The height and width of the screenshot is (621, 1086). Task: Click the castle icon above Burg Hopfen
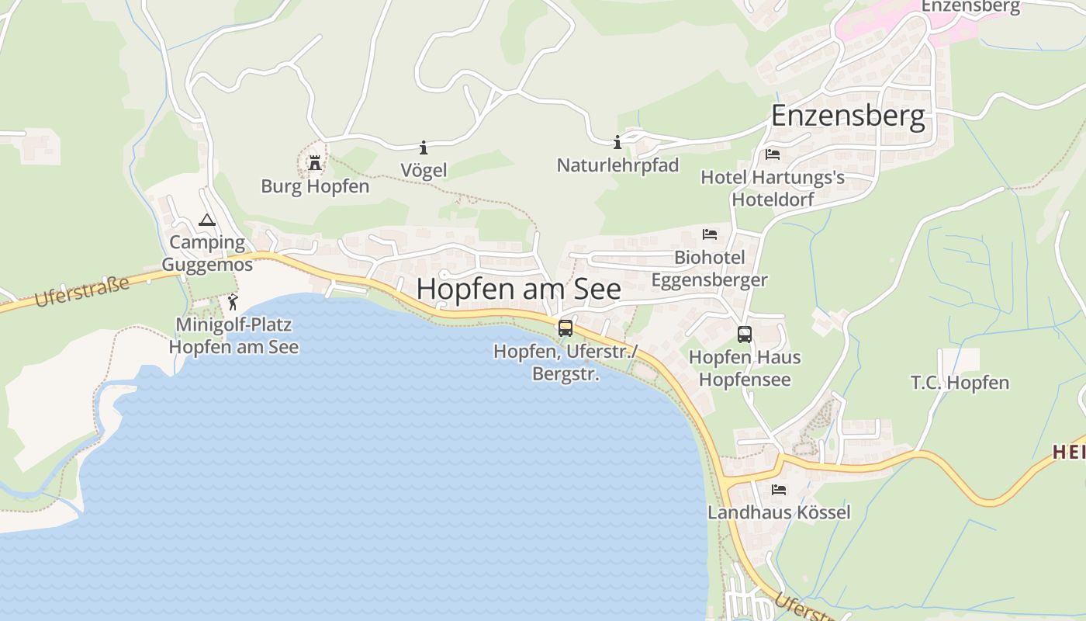click(x=315, y=163)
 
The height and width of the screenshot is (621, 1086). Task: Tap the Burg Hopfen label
click(x=315, y=186)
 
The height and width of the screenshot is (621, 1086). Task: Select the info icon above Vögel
click(x=424, y=147)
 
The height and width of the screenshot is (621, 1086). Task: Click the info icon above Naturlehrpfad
click(x=617, y=142)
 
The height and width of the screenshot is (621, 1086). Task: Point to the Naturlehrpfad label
click(x=617, y=165)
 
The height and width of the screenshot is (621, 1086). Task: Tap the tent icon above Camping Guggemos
click(x=206, y=220)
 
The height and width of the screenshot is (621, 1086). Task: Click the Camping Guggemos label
click(x=207, y=254)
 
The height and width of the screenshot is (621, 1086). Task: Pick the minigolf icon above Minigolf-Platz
click(x=233, y=302)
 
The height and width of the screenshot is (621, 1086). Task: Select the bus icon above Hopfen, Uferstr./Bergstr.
click(x=565, y=328)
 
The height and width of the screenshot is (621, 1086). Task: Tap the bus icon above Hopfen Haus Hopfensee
click(x=745, y=335)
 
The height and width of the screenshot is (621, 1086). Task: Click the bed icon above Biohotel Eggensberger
click(x=710, y=234)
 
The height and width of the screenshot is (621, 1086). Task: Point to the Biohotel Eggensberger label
click(x=710, y=269)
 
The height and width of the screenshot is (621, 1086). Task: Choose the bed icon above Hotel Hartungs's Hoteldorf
click(x=773, y=154)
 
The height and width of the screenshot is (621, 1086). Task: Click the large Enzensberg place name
click(x=848, y=117)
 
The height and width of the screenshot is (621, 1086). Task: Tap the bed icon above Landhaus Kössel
click(x=779, y=490)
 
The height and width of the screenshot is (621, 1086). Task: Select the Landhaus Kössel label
click(x=779, y=512)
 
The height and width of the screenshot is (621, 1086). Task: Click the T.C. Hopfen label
click(x=960, y=383)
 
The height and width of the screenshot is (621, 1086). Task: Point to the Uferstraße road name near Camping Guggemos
click(x=82, y=293)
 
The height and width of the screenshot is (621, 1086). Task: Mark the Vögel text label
click(x=424, y=170)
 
